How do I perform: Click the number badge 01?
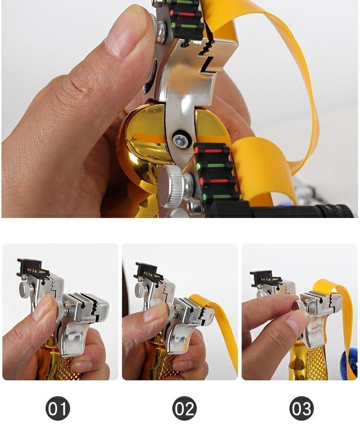(x=58, y=408)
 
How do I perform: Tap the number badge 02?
(x=184, y=408)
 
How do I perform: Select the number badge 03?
(x=301, y=408)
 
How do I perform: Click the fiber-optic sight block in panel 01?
(x=32, y=268)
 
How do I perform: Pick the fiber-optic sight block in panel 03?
(x=264, y=279)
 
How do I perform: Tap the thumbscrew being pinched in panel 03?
(x=300, y=305)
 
